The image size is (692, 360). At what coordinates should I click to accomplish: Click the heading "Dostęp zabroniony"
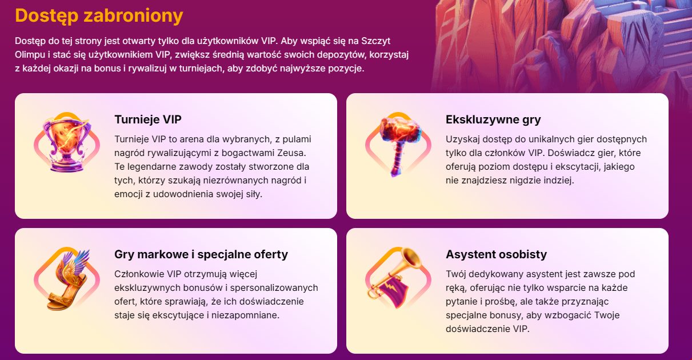pyautogui.click(x=99, y=16)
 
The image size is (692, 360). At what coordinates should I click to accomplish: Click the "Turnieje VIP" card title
pyautogui.click(x=148, y=119)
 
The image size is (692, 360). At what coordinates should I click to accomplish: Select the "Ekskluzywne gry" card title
pyautogui.click(x=493, y=119)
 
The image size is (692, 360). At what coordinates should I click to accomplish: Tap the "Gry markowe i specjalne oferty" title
pyautogui.click(x=201, y=254)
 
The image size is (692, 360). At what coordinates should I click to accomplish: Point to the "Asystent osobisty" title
pyautogui.click(x=496, y=254)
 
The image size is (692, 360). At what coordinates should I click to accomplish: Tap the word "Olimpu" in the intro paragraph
pyautogui.click(x=30, y=55)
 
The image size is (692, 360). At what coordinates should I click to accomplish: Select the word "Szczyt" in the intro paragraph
pyautogui.click(x=375, y=41)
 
